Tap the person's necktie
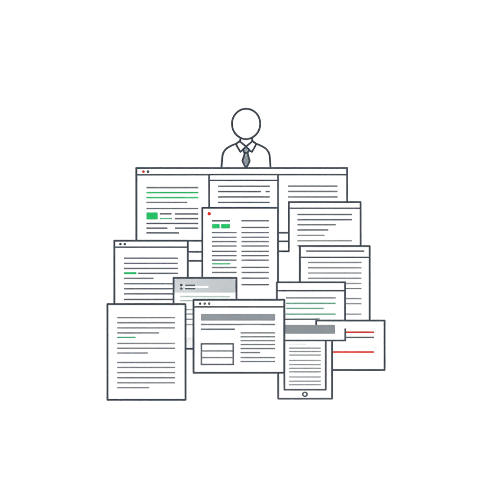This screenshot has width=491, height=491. click(x=245, y=156)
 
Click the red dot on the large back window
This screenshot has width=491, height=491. click(x=143, y=171)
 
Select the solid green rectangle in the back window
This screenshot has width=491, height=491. click(x=152, y=216)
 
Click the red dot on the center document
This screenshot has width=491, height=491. click(x=209, y=214)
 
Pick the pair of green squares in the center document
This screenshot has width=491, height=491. click(x=220, y=226)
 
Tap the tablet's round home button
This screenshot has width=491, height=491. click(x=304, y=394)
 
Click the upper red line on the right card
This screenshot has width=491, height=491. click(x=360, y=332)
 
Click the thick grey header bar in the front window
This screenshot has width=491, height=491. click(x=238, y=317)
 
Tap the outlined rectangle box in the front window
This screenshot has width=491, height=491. click(x=217, y=354)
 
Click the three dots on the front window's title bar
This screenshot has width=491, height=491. click(x=204, y=303)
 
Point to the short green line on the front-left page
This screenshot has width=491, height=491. click(x=126, y=337)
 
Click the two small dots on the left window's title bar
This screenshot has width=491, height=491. click(x=122, y=244)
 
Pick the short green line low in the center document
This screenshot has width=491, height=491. click(x=221, y=264)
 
